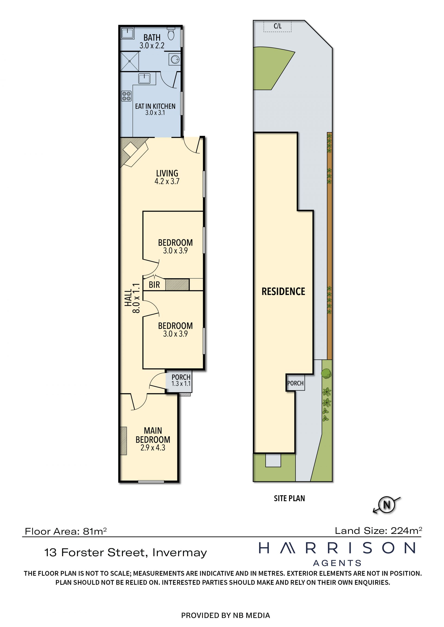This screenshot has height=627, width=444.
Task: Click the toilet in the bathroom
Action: tap(171, 33)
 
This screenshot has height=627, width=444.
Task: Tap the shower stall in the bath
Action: tap(129, 61)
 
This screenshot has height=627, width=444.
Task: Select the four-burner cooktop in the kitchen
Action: tap(126, 96)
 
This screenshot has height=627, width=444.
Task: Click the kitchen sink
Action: tap(144, 79)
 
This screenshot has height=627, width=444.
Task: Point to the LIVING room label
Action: tap(167, 173)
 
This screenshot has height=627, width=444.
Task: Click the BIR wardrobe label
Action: tap(154, 285)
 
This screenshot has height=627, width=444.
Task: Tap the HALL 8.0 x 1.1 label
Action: tap(132, 298)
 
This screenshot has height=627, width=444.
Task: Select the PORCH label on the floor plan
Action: tap(181, 377)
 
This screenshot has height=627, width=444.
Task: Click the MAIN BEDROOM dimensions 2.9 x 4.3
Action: tap(153, 448)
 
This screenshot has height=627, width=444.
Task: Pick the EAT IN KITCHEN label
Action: tap(155, 106)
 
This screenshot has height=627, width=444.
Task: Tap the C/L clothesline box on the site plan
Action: tap(277, 26)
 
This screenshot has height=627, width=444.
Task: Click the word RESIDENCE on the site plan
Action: tap(283, 291)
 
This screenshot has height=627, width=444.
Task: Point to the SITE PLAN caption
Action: tap(289, 498)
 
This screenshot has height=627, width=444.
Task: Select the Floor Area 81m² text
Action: tap(66, 531)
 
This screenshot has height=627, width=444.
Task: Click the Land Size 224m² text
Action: tap(379, 531)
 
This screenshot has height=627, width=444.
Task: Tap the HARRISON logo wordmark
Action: tap(337, 548)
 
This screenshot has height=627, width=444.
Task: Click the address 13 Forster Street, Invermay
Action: tap(126, 552)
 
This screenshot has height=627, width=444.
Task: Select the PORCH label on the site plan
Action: tap(295, 383)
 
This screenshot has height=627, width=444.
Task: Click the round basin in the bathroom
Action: tap(175, 59)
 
